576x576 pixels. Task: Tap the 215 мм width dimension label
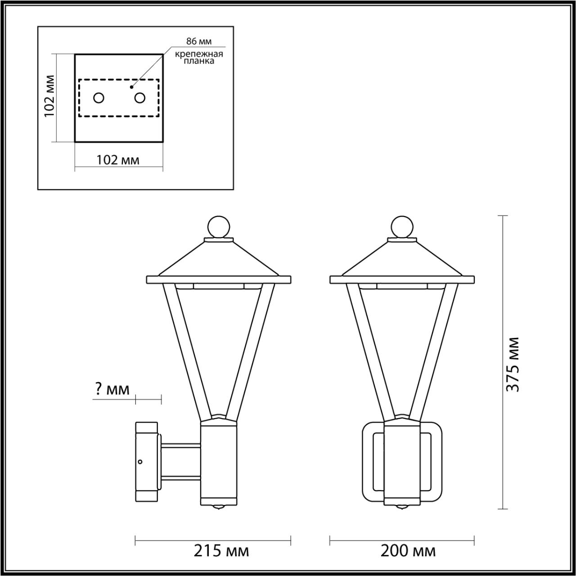(x=221, y=550)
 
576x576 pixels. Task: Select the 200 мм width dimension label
(x=408, y=550)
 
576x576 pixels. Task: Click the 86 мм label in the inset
(x=199, y=41)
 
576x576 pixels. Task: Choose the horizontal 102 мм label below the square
(x=118, y=160)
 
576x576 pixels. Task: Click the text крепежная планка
(x=199, y=58)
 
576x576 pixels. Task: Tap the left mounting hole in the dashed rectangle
(x=99, y=98)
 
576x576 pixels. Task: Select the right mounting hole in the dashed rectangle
(x=140, y=98)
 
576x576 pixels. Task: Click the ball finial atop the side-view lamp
(x=219, y=226)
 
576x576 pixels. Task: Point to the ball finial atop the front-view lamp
(x=402, y=226)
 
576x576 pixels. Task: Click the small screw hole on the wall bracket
(x=140, y=462)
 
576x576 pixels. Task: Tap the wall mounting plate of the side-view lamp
(x=146, y=462)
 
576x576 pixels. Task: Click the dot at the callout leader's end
(x=132, y=86)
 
